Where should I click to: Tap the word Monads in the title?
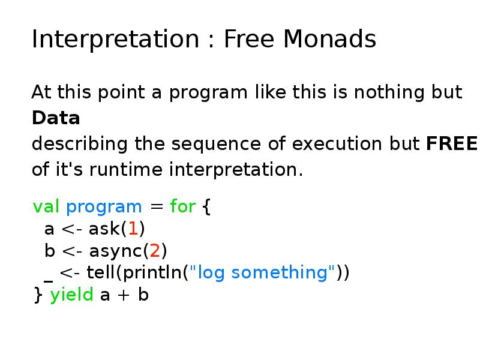tap(329, 40)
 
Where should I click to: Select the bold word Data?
tap(56, 118)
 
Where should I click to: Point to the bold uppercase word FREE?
tap(451, 145)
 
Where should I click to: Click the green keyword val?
tap(46, 207)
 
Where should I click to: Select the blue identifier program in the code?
tap(104, 207)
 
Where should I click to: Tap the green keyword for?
tap(182, 207)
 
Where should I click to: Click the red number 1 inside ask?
tap(133, 229)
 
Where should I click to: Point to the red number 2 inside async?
tap(155, 251)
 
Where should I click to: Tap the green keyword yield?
tap(71, 295)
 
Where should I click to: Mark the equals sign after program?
tap(156, 208)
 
